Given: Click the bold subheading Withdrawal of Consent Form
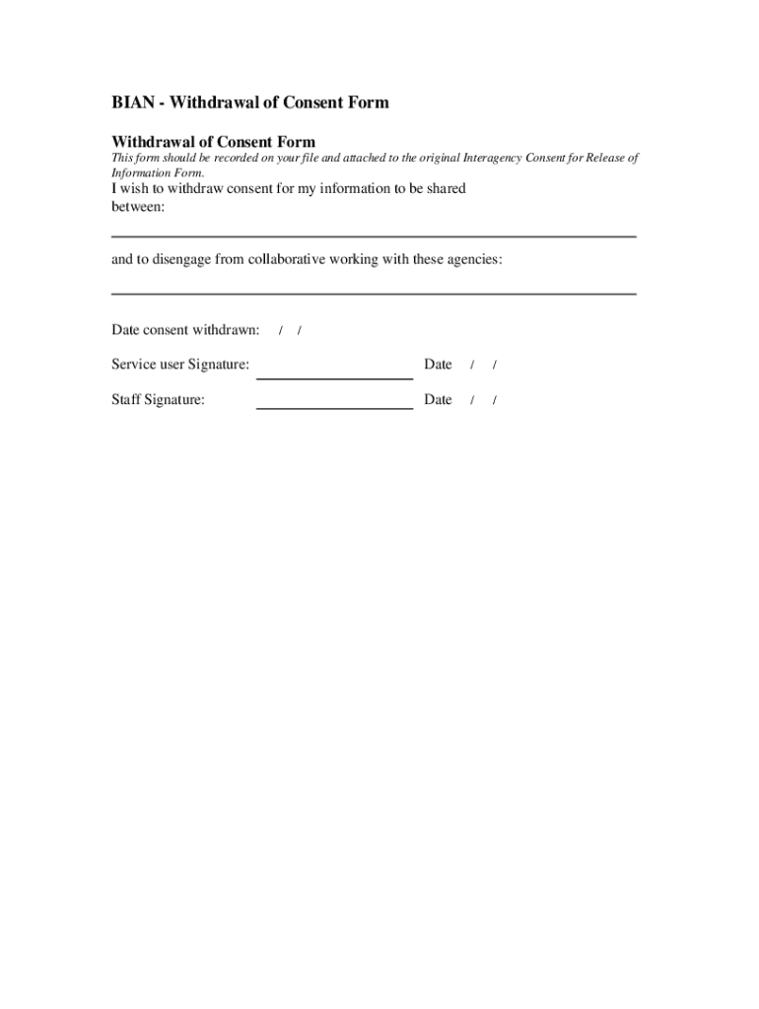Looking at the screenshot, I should click(213, 142).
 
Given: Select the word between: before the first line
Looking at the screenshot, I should click(138, 207).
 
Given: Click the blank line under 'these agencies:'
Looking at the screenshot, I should click(374, 294).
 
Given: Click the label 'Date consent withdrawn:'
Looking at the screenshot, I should click(185, 329).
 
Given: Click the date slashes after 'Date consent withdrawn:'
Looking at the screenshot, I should click(290, 330).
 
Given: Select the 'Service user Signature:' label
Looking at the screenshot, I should click(180, 365).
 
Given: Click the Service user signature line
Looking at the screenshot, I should click(334, 377).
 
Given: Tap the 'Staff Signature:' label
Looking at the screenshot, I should click(158, 400).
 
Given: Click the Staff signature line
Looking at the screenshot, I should click(334, 407).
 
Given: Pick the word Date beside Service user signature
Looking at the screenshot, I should click(438, 365).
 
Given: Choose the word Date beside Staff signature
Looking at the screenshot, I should click(438, 400).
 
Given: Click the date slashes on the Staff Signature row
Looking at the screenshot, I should click(483, 401).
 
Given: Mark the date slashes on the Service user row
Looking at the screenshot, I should click(483, 366).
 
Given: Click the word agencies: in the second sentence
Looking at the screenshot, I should click(471, 259).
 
